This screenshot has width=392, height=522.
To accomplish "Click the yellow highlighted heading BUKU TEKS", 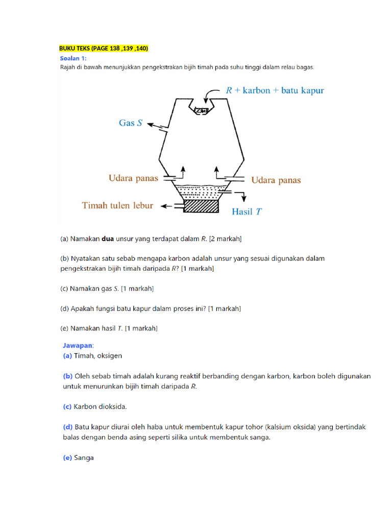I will click(x=104, y=48).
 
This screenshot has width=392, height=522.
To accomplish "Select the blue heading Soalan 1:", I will click(x=73, y=58).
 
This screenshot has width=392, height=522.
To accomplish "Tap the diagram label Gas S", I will click(x=130, y=123).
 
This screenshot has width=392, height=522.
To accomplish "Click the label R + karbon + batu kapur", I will click(x=275, y=90).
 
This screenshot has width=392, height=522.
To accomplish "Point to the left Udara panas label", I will click(x=133, y=178).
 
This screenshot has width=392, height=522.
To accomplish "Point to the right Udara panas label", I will click(x=276, y=180).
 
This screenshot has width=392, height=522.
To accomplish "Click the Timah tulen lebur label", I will click(x=118, y=205).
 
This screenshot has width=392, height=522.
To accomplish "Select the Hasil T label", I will click(x=247, y=211).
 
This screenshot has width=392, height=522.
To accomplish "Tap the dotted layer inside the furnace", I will click(x=201, y=192).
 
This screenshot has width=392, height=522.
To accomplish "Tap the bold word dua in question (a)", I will click(x=108, y=238).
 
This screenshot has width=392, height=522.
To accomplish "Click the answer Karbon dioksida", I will click(x=100, y=406).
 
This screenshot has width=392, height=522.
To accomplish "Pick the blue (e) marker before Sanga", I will click(x=67, y=458).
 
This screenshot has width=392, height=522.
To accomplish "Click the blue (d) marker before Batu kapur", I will click(x=67, y=427).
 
